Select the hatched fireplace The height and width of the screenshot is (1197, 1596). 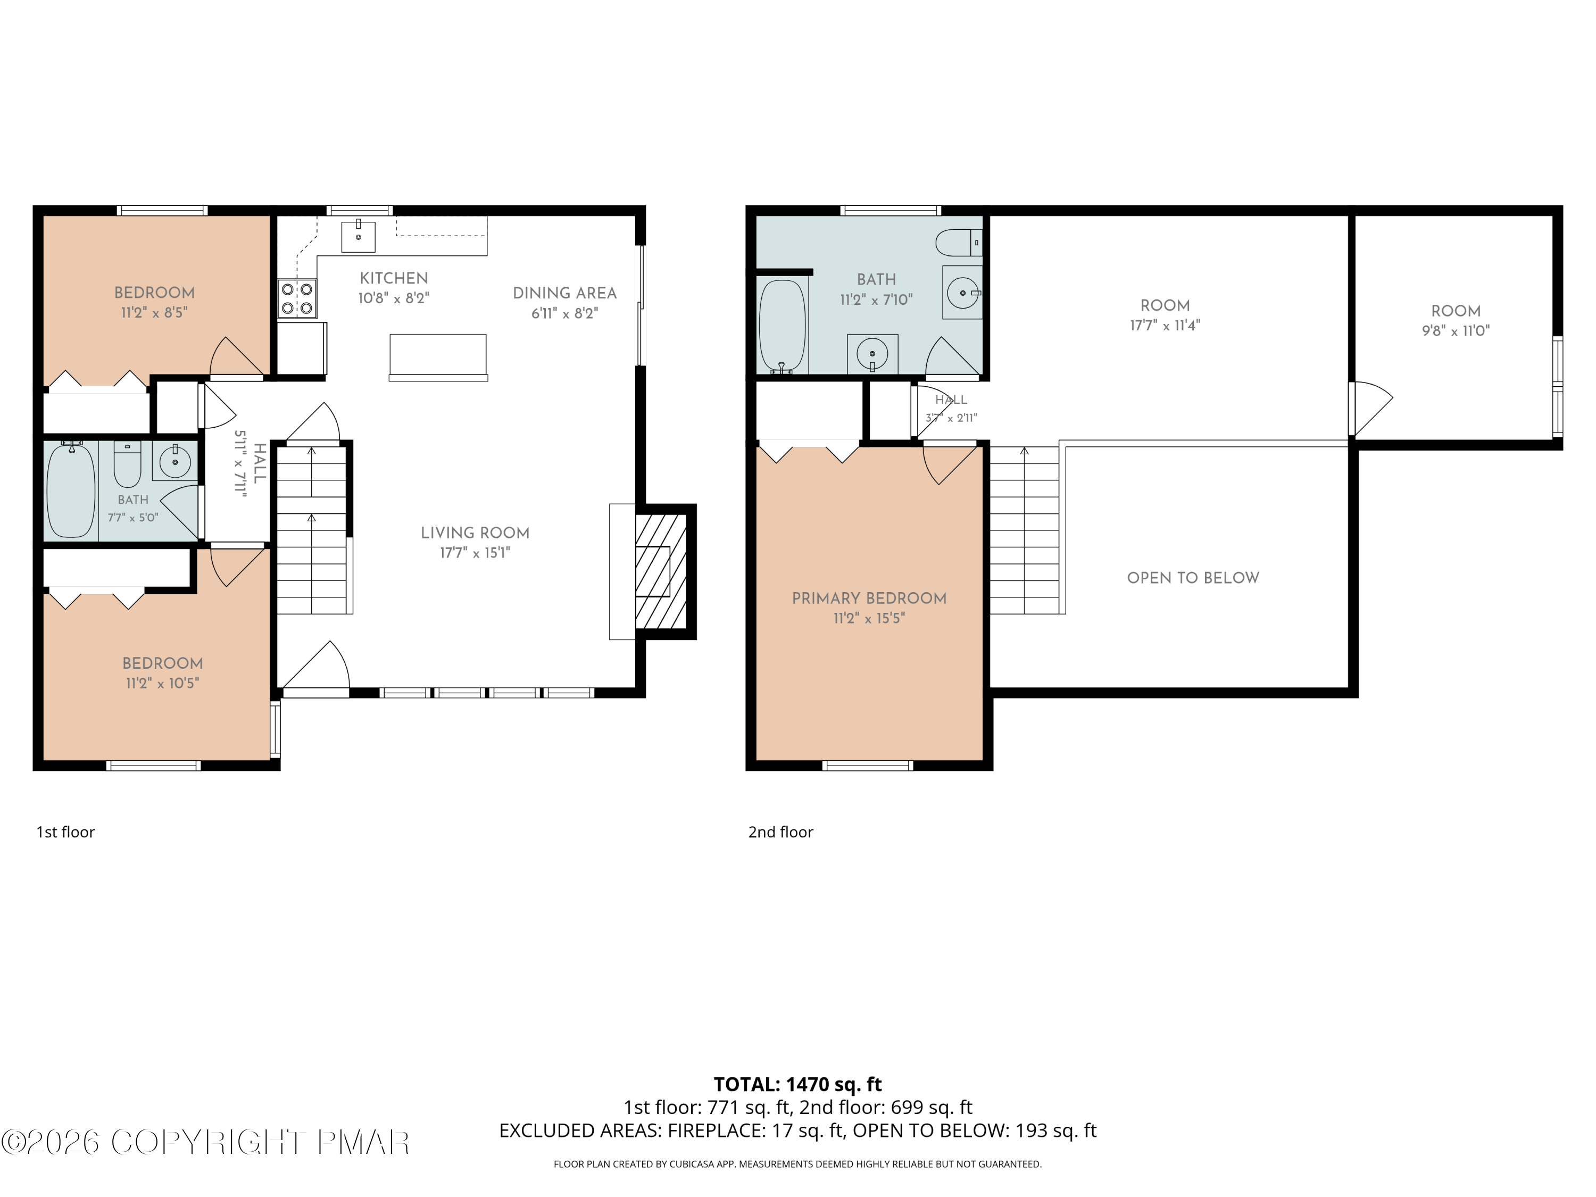coord(661,571)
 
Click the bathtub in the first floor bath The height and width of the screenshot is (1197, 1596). coord(71,490)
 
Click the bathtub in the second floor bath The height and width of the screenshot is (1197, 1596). coord(782,327)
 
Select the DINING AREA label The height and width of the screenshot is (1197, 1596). coord(565,294)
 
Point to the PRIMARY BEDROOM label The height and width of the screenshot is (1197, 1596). coord(869,598)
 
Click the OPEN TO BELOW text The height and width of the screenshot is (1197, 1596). coord(1193,578)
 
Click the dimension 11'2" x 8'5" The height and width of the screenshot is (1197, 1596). coord(154,312)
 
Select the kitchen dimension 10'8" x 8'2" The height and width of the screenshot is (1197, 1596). coord(394,298)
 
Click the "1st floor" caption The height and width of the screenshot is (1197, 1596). coord(65,832)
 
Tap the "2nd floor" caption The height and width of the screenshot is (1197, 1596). coord(780,832)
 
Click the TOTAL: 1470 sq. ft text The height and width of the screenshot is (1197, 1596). coord(798,1084)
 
